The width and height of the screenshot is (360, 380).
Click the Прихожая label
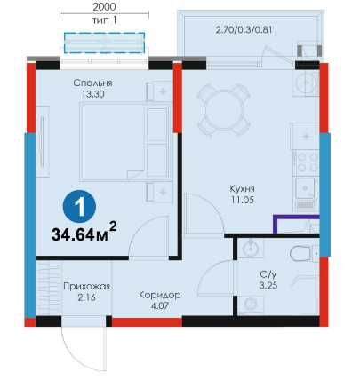(x=86, y=286)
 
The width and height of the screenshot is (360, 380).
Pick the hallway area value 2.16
(x=86, y=298)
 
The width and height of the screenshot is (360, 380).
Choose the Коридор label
(x=160, y=295)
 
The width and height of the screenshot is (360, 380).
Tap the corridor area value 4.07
(x=160, y=307)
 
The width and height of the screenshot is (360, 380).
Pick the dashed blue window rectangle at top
(x=103, y=42)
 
